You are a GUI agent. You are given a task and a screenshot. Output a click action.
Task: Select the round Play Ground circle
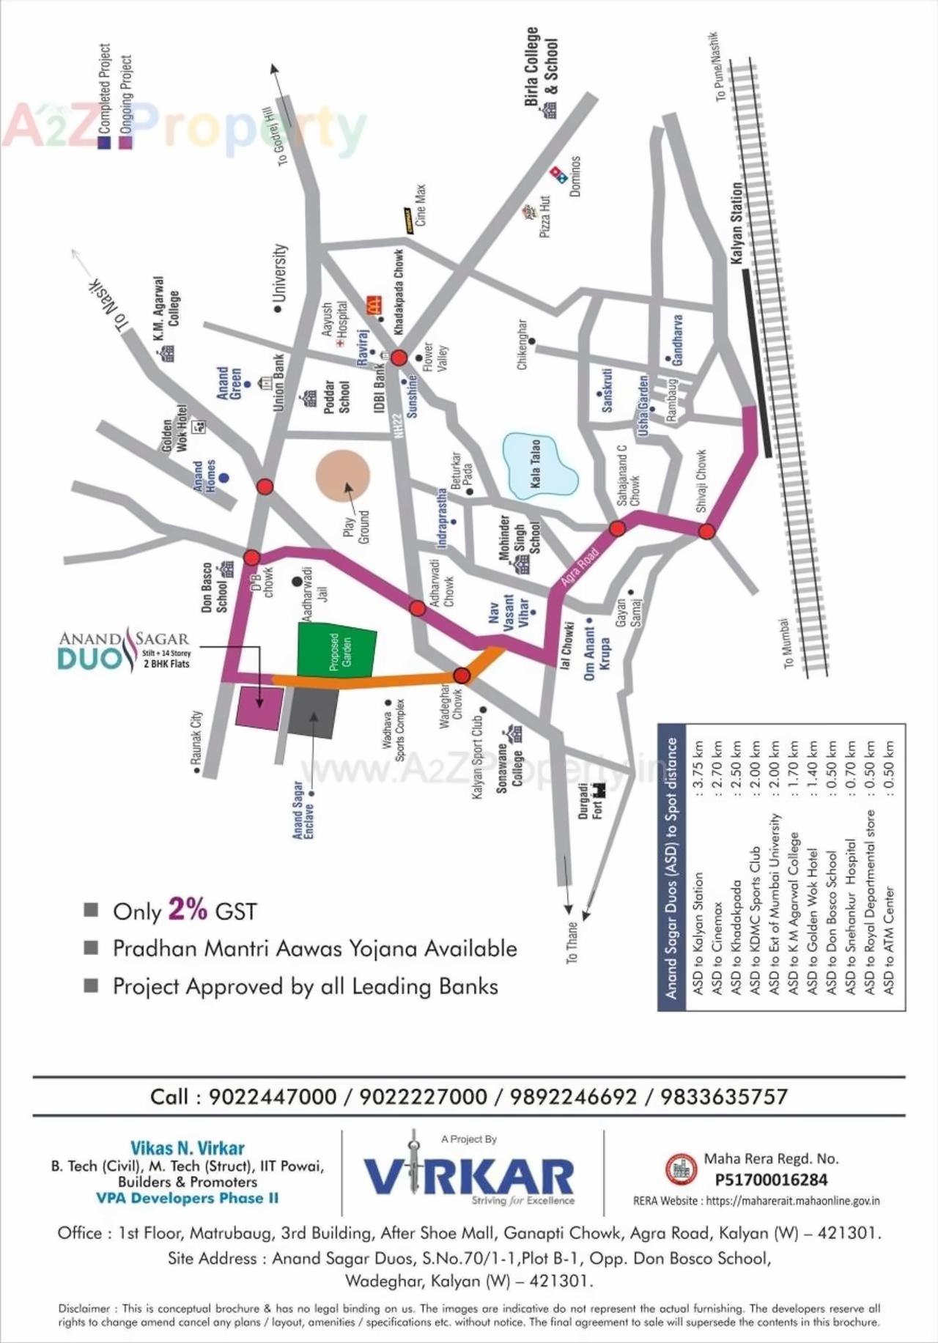(x=342, y=476)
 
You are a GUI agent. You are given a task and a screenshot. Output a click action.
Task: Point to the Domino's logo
(x=560, y=174)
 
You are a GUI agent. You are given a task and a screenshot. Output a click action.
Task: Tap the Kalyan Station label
(x=736, y=223)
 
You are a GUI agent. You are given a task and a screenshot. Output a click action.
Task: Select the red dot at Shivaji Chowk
(x=706, y=531)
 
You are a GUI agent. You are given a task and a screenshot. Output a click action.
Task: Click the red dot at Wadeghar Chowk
(x=462, y=675)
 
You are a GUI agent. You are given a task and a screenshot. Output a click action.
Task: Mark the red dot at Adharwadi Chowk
(x=417, y=607)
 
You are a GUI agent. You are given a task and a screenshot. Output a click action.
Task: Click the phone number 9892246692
(x=573, y=1096)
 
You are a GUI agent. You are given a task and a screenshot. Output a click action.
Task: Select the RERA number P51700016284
(x=771, y=1180)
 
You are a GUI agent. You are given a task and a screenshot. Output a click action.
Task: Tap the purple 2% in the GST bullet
(x=188, y=909)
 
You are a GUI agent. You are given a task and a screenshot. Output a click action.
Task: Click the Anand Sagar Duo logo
(x=123, y=649)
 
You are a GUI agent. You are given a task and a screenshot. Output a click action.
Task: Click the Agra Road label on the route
(x=579, y=566)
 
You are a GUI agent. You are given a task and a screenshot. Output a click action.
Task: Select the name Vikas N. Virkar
(x=188, y=1148)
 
